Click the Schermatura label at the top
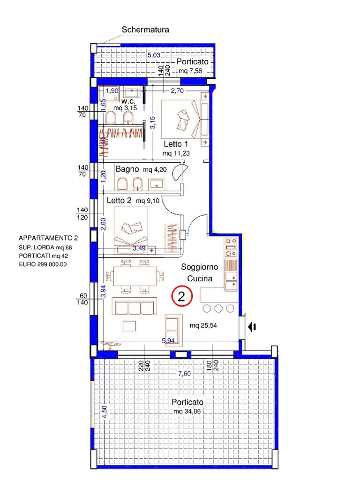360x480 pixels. (145, 30)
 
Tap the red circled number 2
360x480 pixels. (181, 296)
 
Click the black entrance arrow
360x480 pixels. (252, 327)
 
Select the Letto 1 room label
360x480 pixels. (176, 144)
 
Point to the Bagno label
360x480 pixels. (127, 169)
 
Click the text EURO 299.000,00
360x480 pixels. (43, 264)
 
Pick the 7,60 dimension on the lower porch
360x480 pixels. (184, 374)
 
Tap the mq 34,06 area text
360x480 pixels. (187, 411)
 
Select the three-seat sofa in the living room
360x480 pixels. (135, 306)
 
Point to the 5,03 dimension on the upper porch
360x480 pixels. (154, 55)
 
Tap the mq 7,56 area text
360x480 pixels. (190, 71)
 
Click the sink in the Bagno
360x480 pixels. (157, 184)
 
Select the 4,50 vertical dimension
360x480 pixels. (105, 412)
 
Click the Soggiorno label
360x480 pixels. (199, 267)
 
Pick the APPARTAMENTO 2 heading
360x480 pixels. (48, 238)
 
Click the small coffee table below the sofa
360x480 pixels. (129, 326)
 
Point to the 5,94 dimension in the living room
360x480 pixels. (168, 340)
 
